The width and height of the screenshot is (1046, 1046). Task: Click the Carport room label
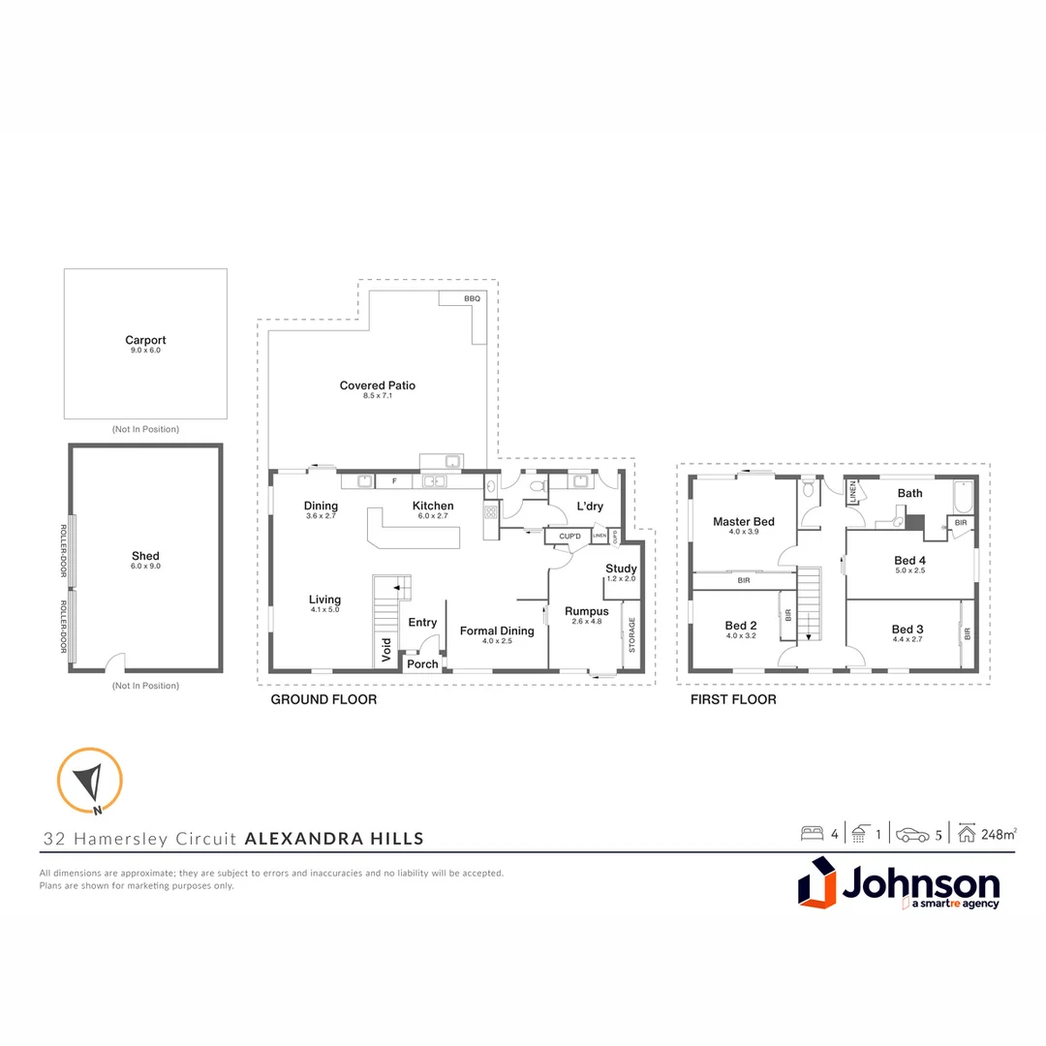pyautogui.click(x=145, y=340)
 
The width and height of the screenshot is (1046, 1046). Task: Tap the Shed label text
pyautogui.click(x=145, y=556)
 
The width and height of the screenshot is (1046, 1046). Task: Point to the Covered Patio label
pyautogui.click(x=377, y=385)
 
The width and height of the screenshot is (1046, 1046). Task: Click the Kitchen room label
pyautogui.click(x=432, y=506)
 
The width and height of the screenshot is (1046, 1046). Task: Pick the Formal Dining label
pyautogui.click(x=497, y=631)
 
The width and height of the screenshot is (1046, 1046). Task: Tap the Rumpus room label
pyautogui.click(x=587, y=611)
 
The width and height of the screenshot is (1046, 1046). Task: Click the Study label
pyautogui.click(x=621, y=569)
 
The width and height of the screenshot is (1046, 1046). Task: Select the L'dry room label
pyautogui.click(x=589, y=506)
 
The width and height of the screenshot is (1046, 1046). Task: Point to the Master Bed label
pyautogui.click(x=744, y=522)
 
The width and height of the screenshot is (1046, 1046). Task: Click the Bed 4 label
pyautogui.click(x=910, y=561)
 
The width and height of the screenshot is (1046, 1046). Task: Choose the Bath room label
pyautogui.click(x=909, y=493)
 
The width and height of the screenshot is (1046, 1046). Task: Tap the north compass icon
pyautogui.click(x=90, y=780)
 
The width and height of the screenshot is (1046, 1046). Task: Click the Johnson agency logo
pyautogui.click(x=899, y=887)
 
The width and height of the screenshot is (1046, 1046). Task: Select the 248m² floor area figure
pyautogui.click(x=998, y=833)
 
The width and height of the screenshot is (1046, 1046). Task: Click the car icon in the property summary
pyautogui.click(x=912, y=834)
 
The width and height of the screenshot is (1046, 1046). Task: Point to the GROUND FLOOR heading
pyautogui.click(x=323, y=699)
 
